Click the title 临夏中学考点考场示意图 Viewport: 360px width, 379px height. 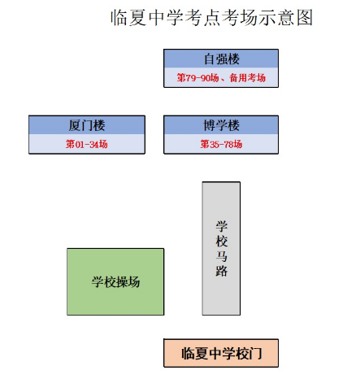pyautogui.click(x=212, y=18)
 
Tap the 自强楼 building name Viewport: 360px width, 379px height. pyautogui.click(x=222, y=59)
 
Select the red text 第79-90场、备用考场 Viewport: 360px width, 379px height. pyautogui.click(x=221, y=78)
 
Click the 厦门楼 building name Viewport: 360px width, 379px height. pyautogui.click(x=87, y=125)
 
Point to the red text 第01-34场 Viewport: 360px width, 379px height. pyautogui.click(x=87, y=144)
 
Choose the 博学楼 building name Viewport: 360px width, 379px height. pyautogui.click(x=222, y=125)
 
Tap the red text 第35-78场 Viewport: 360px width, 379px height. pyautogui.click(x=221, y=144)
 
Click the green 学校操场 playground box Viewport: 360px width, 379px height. pyautogui.click(x=115, y=281)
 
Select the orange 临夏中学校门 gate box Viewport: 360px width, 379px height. pyautogui.click(x=221, y=353)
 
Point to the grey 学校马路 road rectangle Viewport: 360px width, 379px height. pyautogui.click(x=221, y=248)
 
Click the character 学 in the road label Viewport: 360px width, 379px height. pyautogui.click(x=222, y=226)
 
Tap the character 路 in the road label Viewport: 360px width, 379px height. pyautogui.click(x=222, y=271)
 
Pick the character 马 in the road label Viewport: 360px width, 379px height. pyautogui.click(x=222, y=256)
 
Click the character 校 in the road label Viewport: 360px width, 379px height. pyautogui.click(x=222, y=242)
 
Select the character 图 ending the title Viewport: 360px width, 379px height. pyautogui.click(x=305, y=18)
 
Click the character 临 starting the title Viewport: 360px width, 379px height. pyautogui.click(x=119, y=18)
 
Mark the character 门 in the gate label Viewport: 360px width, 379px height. pyautogui.click(x=255, y=354)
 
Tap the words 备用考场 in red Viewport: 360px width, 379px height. pyautogui.click(x=248, y=78)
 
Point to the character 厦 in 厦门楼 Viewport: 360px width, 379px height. pyautogui.click(x=75, y=125)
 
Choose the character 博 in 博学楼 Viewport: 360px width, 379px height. pyautogui.click(x=210, y=125)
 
